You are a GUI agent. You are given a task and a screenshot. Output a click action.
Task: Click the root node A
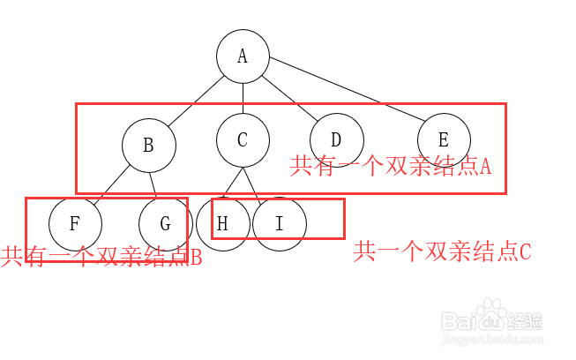coord(243,56)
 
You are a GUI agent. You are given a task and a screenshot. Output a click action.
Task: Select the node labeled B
coord(148,146)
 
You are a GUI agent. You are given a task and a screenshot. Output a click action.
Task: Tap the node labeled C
coord(243,140)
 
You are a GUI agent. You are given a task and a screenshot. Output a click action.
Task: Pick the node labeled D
coord(336,140)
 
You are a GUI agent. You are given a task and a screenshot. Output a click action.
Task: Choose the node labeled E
coord(444,140)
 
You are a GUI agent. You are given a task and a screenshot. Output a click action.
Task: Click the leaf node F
coord(75,223)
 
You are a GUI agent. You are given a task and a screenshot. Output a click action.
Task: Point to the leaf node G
coord(165,223)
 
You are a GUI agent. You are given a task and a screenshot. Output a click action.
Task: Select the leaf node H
coord(222,223)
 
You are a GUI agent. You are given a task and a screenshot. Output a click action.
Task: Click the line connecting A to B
coord(196,99)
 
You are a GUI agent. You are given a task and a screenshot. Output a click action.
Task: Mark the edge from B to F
coord(109,186)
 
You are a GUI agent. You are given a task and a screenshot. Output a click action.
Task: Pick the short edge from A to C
coord(243,98)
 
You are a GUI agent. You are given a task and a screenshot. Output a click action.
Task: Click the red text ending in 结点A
coord(390,165)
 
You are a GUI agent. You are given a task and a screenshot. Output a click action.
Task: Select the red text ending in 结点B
coord(101,257)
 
